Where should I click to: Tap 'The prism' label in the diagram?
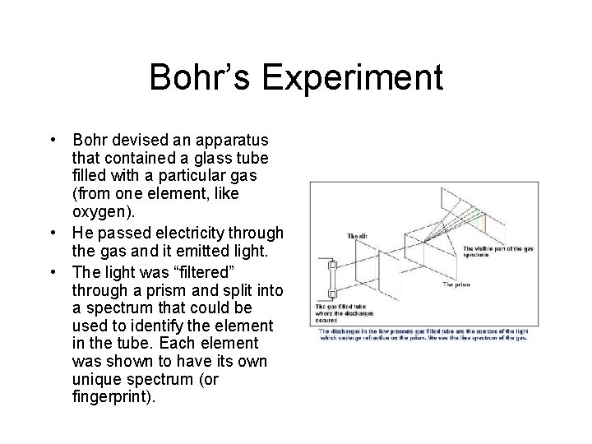[456, 284]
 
